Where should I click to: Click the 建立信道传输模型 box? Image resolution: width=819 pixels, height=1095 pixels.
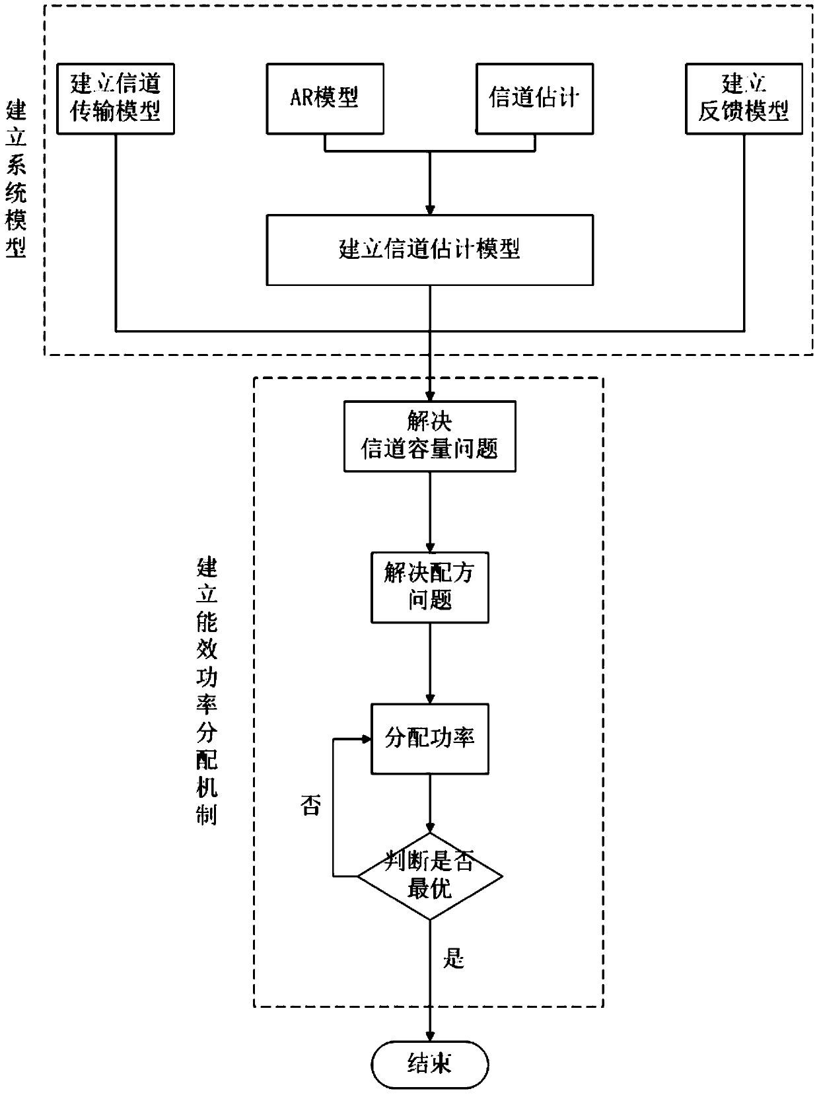[x=116, y=99]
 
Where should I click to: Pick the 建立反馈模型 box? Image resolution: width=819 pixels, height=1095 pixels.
[x=744, y=99]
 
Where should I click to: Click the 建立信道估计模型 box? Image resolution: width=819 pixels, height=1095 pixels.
[x=429, y=250]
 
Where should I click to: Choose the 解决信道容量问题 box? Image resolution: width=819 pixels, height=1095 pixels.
[x=429, y=437]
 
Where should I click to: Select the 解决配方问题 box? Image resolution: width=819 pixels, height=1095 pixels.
[x=429, y=587]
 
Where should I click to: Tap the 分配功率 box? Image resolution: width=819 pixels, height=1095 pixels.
[x=429, y=738]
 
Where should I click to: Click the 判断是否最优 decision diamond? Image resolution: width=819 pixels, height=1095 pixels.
[x=430, y=876]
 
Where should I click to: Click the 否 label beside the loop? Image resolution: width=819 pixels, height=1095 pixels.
[x=310, y=805]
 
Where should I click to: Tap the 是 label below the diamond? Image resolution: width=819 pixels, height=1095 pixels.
[x=454, y=958]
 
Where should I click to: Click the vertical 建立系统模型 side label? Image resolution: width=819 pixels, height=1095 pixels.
[x=16, y=178]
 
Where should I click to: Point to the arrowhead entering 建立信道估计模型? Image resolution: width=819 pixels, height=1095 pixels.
[x=430, y=209]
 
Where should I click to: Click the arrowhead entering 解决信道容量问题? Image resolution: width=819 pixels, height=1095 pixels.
[x=430, y=397]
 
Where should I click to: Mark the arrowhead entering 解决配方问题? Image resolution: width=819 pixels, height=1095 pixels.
[x=430, y=547]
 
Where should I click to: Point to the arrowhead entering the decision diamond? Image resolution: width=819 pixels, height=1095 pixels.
[x=430, y=830]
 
